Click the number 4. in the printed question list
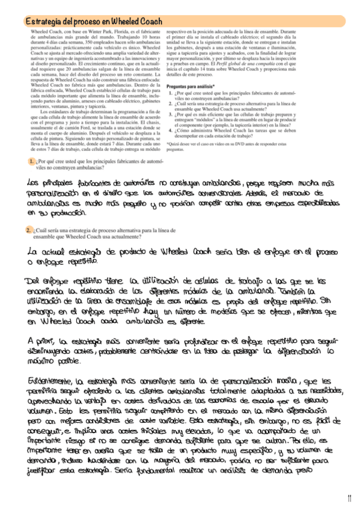[171, 129]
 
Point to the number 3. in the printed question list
[171, 112]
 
